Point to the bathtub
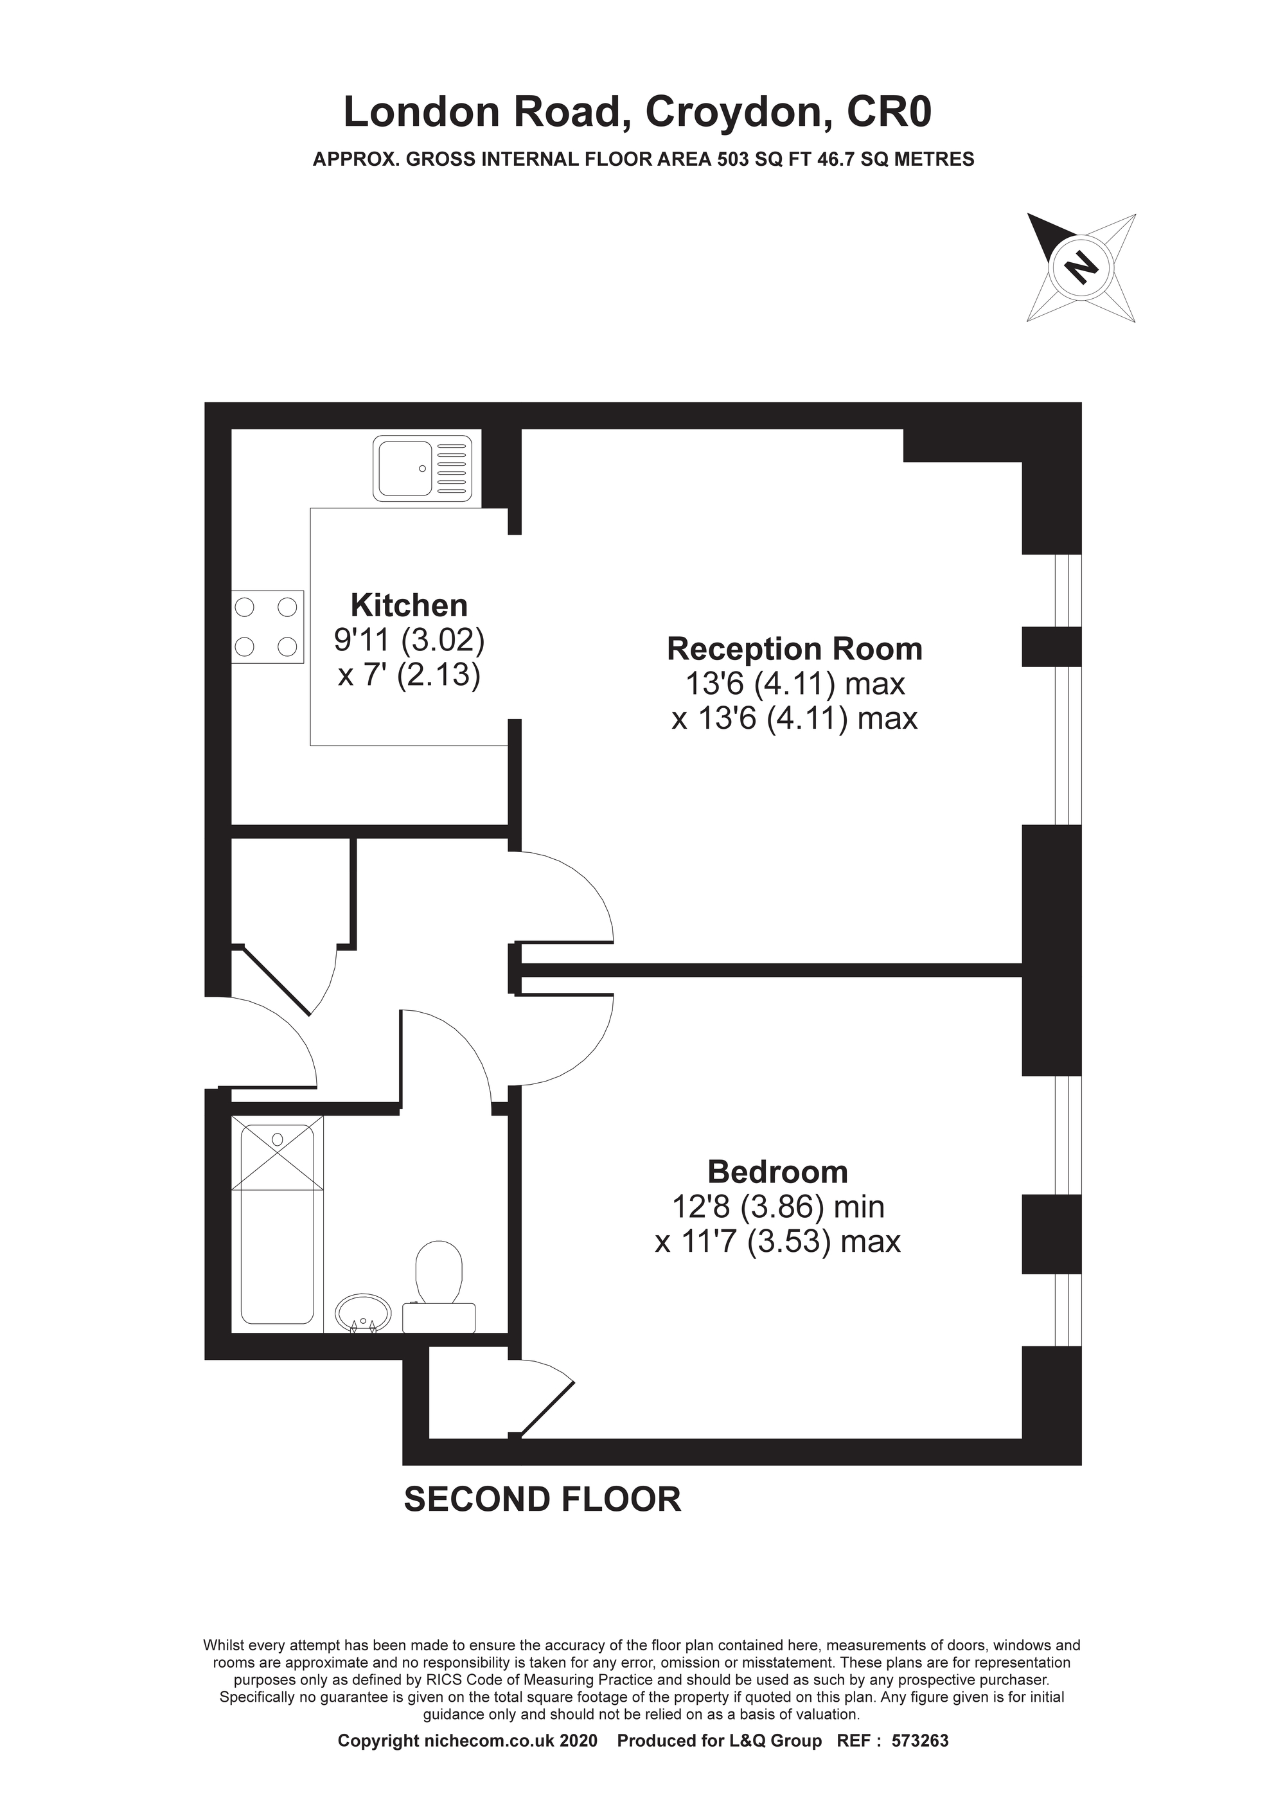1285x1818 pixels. coord(277,1224)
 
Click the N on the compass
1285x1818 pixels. coord(1081,266)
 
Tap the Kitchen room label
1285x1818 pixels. coord(409,606)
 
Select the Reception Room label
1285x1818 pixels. coord(795,648)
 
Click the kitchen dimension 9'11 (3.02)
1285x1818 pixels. coord(409,640)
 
